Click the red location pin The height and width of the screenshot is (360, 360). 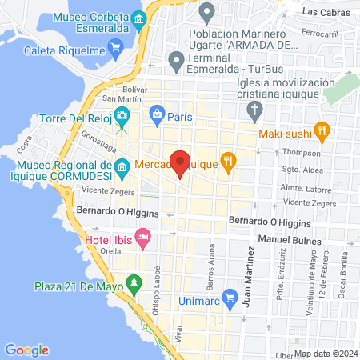(181, 162)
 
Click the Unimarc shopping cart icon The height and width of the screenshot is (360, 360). (230, 298)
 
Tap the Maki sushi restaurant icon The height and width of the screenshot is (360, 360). (322, 129)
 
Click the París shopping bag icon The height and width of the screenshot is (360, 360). (157, 114)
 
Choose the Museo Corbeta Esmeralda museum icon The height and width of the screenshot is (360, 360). (140, 19)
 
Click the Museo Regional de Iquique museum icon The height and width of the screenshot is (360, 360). (122, 167)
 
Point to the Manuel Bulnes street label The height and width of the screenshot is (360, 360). (290, 240)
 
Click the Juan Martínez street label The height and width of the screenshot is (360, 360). (250, 269)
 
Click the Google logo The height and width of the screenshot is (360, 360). (26, 350)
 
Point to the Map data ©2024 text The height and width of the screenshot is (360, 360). (325, 354)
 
